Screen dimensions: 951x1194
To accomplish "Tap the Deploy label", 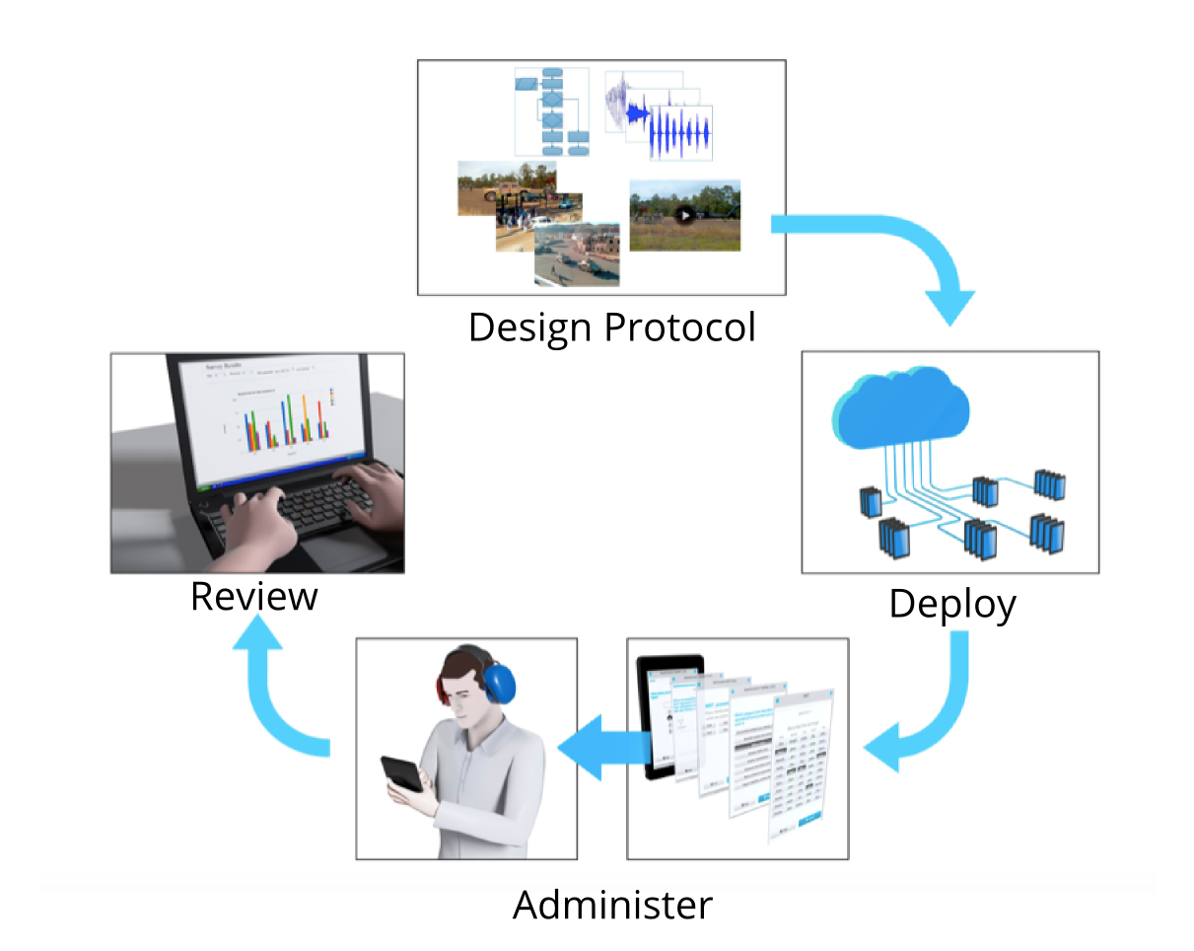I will click(951, 604).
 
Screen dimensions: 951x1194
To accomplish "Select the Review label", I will click(254, 597).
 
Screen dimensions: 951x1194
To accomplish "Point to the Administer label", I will click(612, 904).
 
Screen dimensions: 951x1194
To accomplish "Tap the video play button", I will click(683, 213).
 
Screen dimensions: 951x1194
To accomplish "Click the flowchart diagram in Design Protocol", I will click(552, 111).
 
